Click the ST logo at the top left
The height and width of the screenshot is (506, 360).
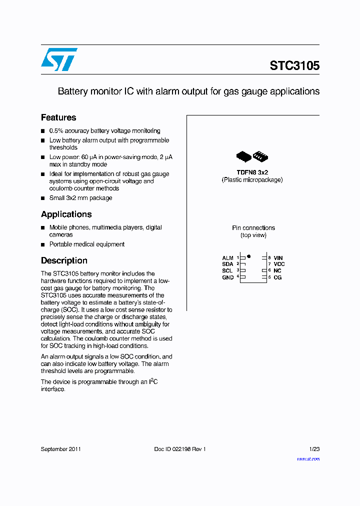coord(59,59)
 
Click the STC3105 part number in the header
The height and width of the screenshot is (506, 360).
coord(294,65)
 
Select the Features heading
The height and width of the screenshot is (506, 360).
coord(58,117)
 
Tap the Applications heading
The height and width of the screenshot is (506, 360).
coord(66,214)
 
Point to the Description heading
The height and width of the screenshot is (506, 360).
coord(64,260)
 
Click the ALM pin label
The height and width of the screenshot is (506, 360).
coord(228,258)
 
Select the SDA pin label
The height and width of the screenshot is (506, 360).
coord(228,264)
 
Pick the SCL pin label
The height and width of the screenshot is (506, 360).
coord(227,270)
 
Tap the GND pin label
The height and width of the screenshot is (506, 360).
coord(228,277)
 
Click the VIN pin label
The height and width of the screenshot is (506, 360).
coord(278,258)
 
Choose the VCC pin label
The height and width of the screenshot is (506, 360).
coord(279,264)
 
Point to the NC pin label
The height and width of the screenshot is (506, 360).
coord(277,270)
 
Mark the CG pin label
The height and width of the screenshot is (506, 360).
coord(277,277)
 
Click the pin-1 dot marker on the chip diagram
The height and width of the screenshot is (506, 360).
coord(248,256)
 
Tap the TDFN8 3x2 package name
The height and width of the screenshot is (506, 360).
coord(252,172)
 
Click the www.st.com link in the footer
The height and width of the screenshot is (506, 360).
coord(308,459)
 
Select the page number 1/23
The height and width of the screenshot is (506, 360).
coord(314,449)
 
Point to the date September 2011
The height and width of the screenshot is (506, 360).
coord(60,449)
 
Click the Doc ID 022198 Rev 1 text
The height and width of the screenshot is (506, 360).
coord(179,449)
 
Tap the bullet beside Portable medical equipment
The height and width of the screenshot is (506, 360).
coord(43,244)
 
